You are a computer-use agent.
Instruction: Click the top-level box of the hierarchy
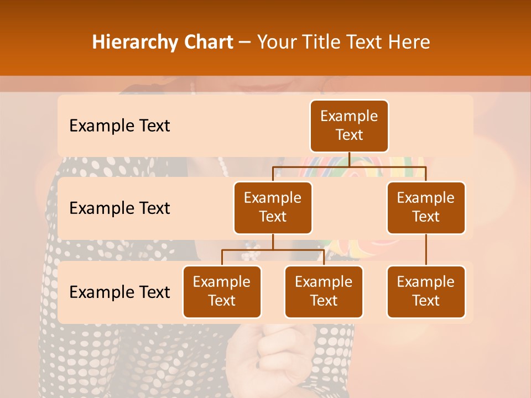(x=349, y=125)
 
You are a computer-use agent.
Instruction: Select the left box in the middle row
(x=273, y=207)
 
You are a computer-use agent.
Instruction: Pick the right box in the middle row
(x=426, y=207)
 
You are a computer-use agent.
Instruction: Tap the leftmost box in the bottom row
(x=222, y=291)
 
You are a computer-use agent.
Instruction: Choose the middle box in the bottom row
(x=324, y=291)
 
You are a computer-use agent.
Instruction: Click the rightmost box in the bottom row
(x=426, y=291)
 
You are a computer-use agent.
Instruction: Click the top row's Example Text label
(x=119, y=126)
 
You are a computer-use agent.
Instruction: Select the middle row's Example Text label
(x=119, y=208)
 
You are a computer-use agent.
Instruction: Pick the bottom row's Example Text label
(x=119, y=292)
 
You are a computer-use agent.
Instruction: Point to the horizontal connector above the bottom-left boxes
(x=273, y=250)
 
